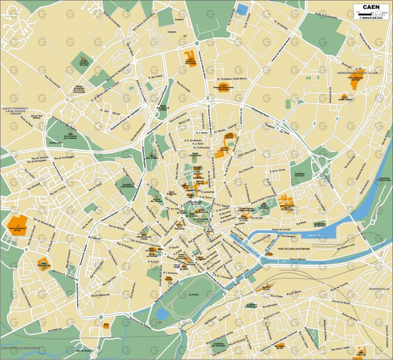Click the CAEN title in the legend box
369,7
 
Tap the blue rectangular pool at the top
241,10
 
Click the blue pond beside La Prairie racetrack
162,314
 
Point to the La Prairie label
194,294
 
